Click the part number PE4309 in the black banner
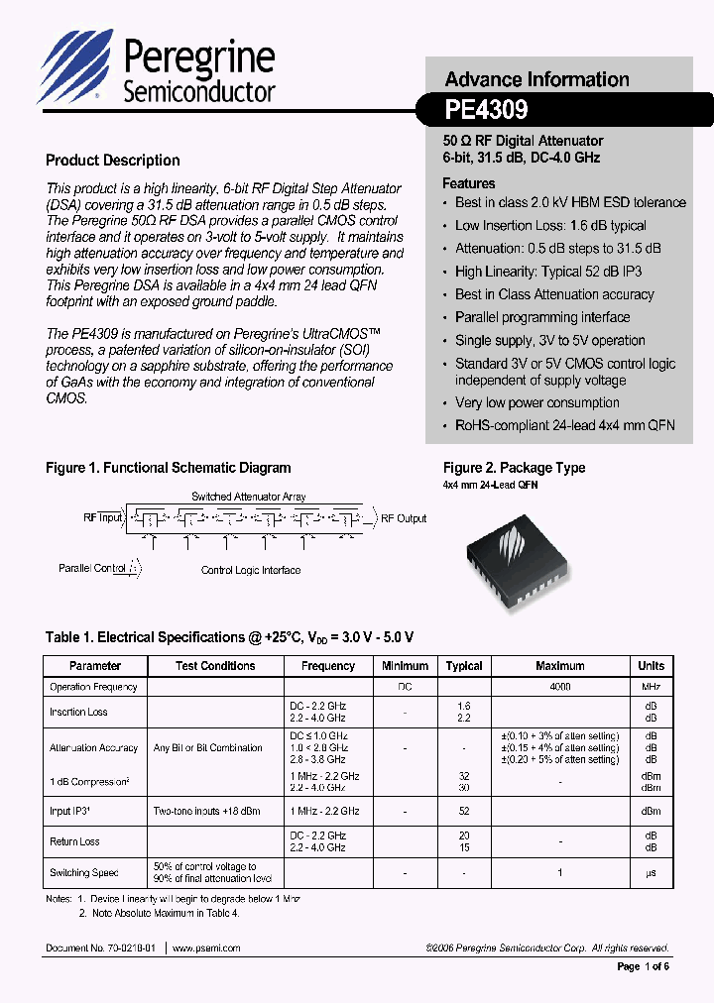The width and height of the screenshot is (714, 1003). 486,108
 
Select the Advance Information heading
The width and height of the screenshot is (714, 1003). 536,79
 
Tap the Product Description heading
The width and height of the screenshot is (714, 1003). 113,161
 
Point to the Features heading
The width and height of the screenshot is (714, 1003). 468,183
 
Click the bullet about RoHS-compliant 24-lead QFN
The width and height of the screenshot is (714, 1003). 564,425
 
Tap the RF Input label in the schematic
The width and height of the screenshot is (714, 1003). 103,517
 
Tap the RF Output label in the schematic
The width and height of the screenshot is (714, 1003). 404,518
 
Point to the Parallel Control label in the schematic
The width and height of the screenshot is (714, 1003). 92,569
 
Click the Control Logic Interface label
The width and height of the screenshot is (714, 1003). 250,570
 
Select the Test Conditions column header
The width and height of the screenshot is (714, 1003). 215,666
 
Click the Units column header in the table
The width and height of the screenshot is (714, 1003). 652,666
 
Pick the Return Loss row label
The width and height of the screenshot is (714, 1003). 75,841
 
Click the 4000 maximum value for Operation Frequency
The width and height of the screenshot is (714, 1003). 559,687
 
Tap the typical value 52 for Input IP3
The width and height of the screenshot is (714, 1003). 463,811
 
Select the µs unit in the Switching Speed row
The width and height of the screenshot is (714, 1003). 652,872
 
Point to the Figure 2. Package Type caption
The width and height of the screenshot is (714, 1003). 514,468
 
